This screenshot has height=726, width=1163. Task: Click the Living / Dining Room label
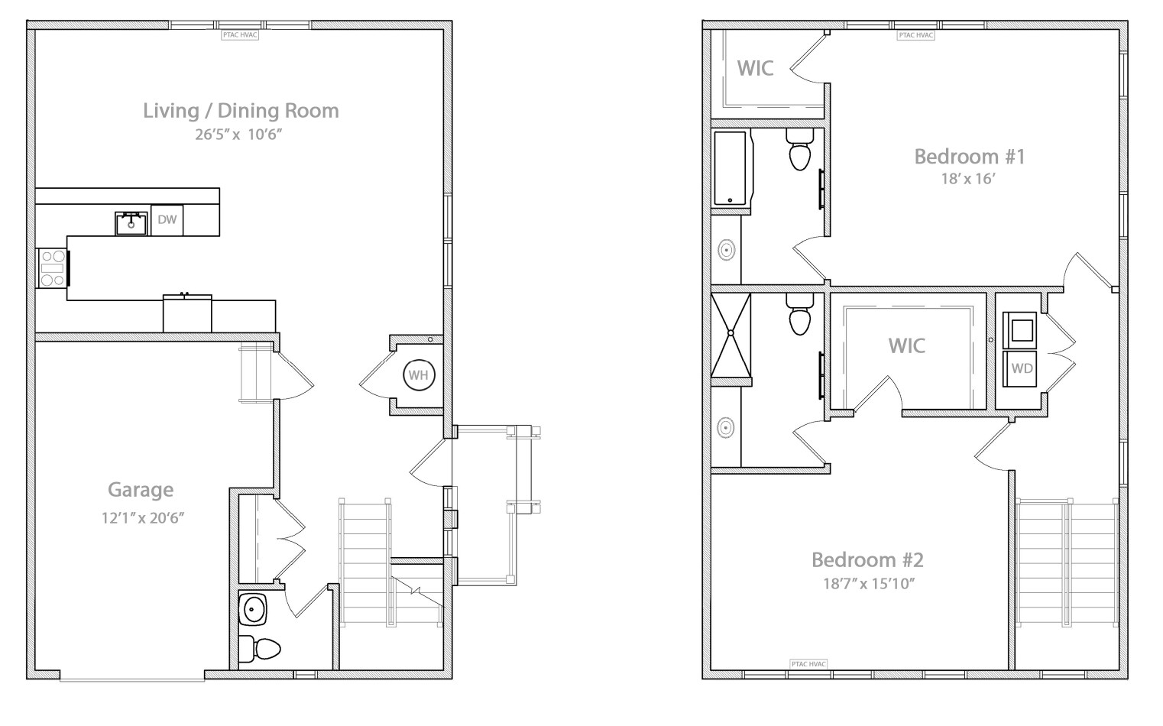[241, 111]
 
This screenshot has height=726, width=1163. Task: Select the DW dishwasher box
[167, 220]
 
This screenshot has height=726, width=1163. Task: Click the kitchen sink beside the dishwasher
[131, 222]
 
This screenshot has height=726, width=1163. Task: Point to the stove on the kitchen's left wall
[53, 268]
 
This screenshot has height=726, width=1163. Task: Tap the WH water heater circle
[418, 375]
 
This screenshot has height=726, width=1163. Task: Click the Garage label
[141, 490]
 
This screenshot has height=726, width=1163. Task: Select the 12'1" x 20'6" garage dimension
[144, 517]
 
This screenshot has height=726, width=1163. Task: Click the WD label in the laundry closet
[1022, 368]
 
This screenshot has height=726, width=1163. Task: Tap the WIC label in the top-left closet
[755, 68]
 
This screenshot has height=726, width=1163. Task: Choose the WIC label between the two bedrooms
[906, 346]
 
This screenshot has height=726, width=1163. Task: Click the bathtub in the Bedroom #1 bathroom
[732, 169]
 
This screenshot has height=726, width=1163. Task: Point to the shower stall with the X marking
[731, 333]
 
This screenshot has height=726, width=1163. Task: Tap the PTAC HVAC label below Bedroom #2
[808, 664]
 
